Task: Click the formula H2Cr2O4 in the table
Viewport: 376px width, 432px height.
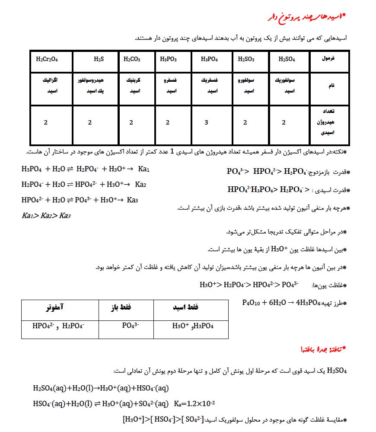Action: click(x=47, y=59)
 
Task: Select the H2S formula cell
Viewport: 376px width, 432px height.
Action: click(x=99, y=59)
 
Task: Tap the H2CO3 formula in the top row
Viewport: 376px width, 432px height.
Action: click(x=132, y=59)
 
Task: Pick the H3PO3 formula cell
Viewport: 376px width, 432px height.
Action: click(x=168, y=59)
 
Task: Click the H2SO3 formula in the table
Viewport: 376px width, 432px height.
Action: click(x=246, y=59)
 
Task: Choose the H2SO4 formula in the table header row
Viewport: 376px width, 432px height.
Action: click(x=287, y=59)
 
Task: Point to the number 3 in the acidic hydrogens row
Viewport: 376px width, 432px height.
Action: click(x=206, y=122)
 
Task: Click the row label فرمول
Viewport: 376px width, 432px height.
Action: click(x=329, y=58)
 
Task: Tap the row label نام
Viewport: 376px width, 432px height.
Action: click(x=331, y=86)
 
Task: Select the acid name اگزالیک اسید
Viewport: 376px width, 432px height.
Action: click(x=51, y=86)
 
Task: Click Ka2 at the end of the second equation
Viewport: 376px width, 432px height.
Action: click(x=140, y=185)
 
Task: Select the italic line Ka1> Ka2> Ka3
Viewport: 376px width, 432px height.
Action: click(x=46, y=215)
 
